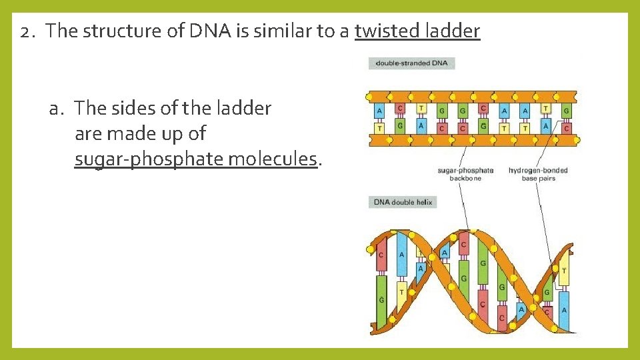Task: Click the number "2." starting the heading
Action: (31, 31)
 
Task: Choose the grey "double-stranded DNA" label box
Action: (411, 63)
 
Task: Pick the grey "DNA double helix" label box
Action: (403, 202)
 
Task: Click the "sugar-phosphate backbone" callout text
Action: (465, 174)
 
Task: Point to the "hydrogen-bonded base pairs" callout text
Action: (537, 174)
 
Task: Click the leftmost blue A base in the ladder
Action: (379, 111)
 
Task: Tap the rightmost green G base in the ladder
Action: (566, 111)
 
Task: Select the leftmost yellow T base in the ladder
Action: (379, 127)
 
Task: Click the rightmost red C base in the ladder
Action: (566, 127)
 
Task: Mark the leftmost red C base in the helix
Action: (381, 255)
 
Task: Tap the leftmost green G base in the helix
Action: (381, 300)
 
